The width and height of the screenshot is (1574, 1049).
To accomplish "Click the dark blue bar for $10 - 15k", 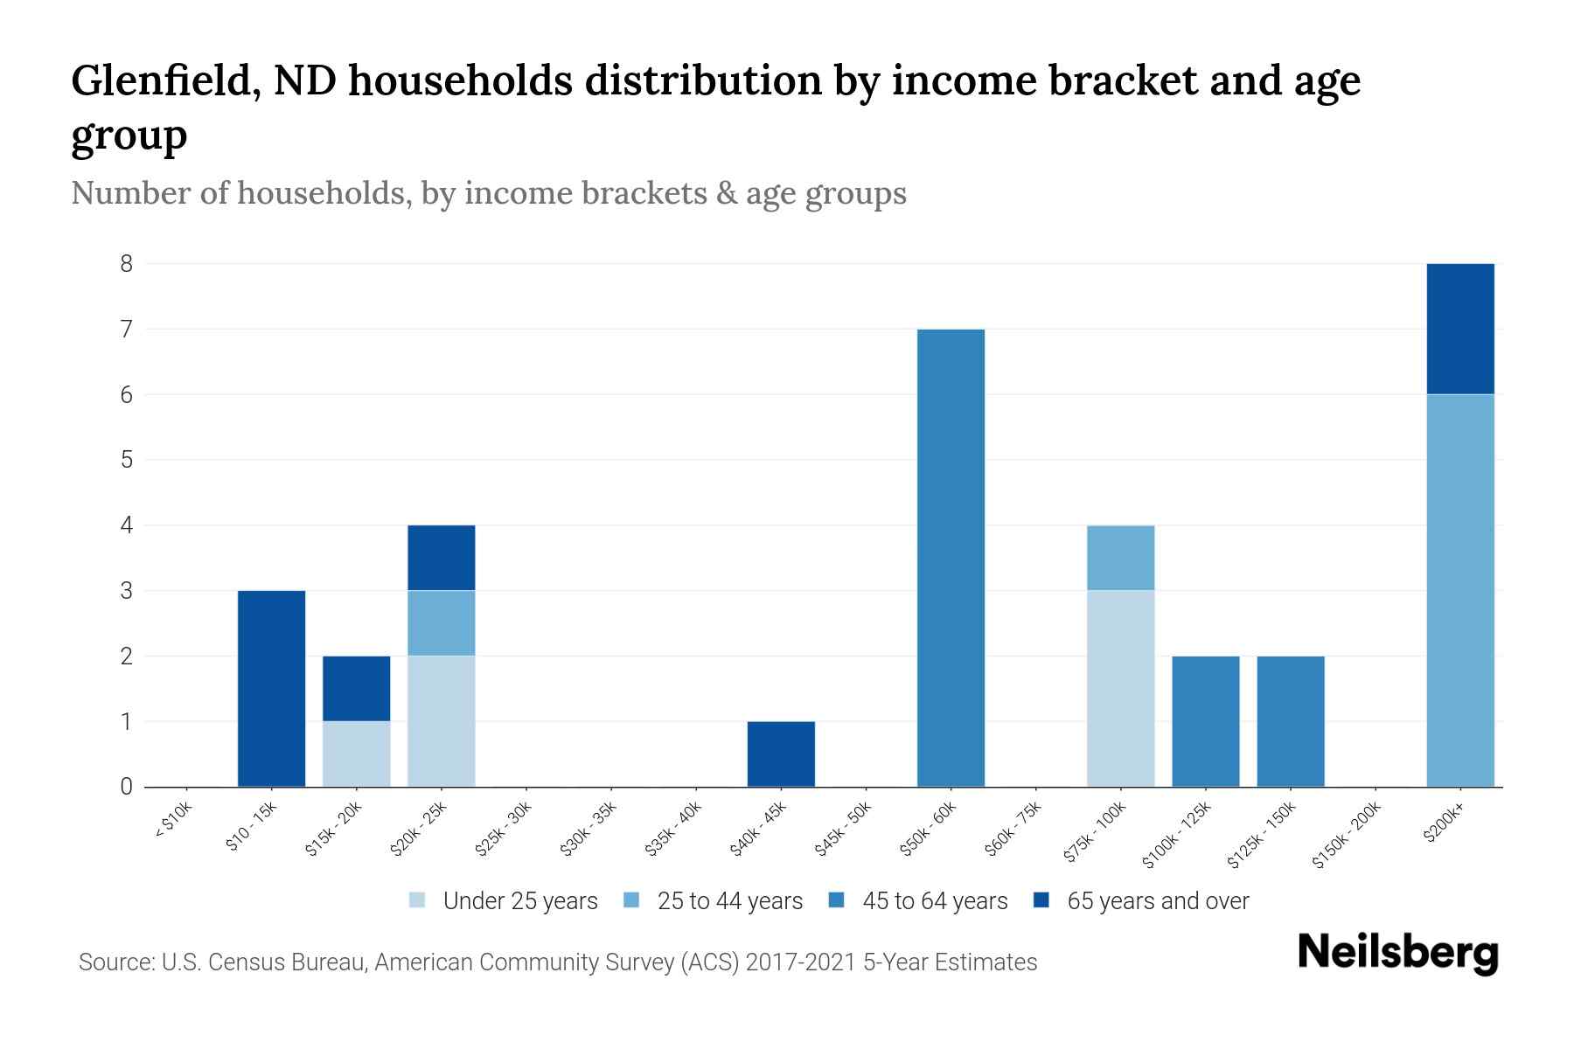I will click(x=271, y=689).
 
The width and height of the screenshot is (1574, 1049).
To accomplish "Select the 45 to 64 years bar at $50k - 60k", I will click(x=951, y=558).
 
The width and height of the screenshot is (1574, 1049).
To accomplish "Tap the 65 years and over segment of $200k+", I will click(x=1459, y=329).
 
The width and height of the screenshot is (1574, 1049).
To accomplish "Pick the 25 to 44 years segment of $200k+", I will click(x=1459, y=590).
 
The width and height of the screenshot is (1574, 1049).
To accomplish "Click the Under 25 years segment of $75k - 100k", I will click(x=1120, y=689).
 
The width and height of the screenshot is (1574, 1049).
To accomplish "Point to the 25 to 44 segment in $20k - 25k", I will click(x=441, y=623).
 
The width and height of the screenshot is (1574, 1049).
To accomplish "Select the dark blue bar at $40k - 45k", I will click(x=781, y=754).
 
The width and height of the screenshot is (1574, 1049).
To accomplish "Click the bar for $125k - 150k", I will click(x=1290, y=721).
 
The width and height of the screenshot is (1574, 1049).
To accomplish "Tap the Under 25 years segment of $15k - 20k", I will click(x=356, y=754).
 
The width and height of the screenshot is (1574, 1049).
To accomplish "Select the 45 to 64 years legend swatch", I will click(x=837, y=900).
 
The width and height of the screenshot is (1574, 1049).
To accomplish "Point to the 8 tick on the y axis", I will click(x=127, y=263).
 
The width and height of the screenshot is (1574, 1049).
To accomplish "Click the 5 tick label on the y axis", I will click(x=127, y=460).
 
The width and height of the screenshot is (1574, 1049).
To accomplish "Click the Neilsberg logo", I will click(x=1397, y=952).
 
